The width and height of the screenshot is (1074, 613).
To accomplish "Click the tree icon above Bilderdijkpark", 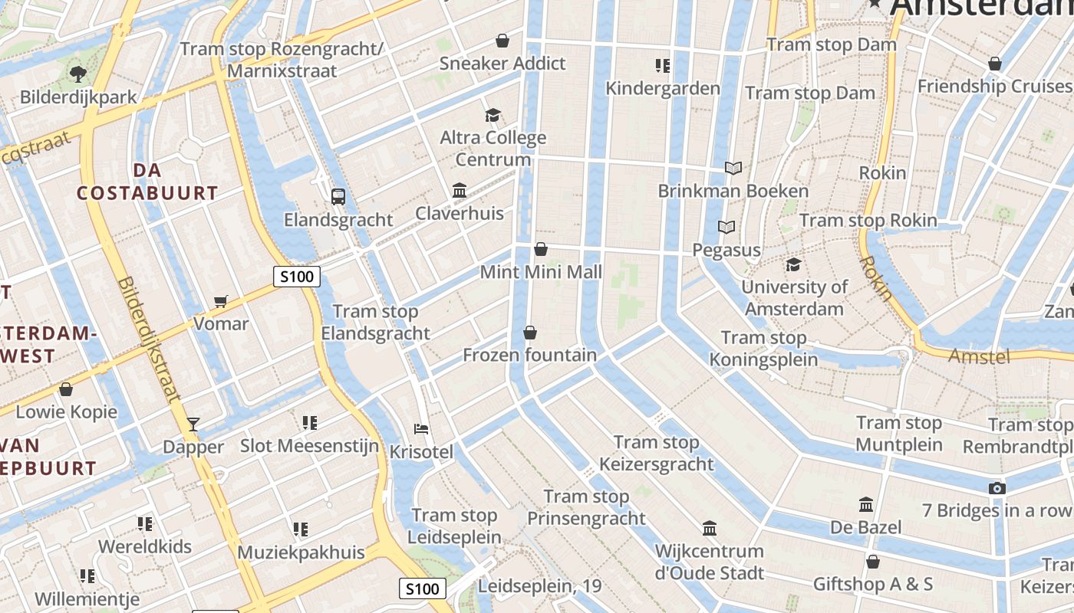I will tap(77, 74).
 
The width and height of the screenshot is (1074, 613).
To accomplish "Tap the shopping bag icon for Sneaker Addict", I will tap(502, 40).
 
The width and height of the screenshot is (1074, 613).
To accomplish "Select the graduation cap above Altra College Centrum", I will tap(493, 115).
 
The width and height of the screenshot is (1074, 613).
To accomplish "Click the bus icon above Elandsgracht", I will tap(338, 196).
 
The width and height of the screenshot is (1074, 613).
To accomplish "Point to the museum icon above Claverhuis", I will tap(460, 189).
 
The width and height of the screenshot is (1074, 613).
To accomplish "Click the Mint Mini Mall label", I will tap(541, 272).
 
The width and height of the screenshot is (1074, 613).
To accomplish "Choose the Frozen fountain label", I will tap(529, 355).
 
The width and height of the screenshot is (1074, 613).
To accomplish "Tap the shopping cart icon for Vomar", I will tap(221, 301).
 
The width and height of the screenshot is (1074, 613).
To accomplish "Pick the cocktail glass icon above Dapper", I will tap(193, 424).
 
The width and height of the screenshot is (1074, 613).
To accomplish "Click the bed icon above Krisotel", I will tap(420, 428).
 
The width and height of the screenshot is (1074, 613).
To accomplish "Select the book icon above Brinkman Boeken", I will tap(733, 168).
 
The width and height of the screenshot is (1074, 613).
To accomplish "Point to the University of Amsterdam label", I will tap(794, 298).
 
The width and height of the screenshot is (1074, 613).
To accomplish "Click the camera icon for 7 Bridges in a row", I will tap(997, 488).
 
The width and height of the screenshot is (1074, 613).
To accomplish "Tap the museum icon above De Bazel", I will tap(866, 504).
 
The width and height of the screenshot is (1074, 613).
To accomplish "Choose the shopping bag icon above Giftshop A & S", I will tap(872, 562).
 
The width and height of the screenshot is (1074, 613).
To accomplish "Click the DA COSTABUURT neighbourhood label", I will tap(147, 182).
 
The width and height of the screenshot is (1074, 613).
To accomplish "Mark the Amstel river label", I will tap(979, 356).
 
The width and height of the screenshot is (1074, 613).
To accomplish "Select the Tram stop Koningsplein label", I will tap(763, 349).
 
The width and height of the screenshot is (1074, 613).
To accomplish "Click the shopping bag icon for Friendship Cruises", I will tap(995, 64).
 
